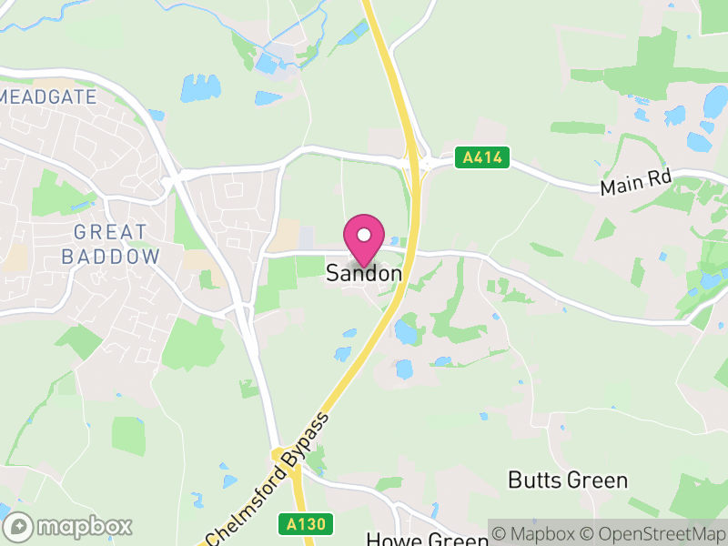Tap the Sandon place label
pyautogui.click(x=364, y=273)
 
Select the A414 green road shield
pyautogui.click(x=481, y=157)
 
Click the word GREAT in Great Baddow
pyautogui.click(x=109, y=233)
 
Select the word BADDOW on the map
pyautogui.click(x=109, y=257)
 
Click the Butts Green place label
pyautogui.click(x=568, y=480)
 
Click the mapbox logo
pyautogui.click(x=68, y=526)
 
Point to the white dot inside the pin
pyautogui.click(x=364, y=235)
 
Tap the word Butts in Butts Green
pyautogui.click(x=534, y=480)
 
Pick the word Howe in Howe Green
pyautogui.click(x=389, y=539)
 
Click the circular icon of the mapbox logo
pyautogui.click(x=18, y=526)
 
